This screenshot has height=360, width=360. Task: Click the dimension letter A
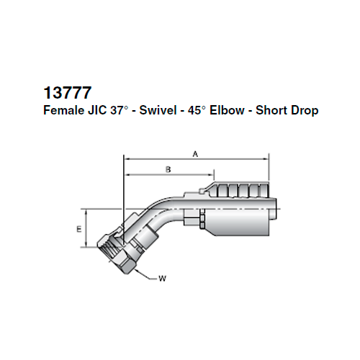(196, 153)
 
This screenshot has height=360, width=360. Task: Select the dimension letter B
(168, 170)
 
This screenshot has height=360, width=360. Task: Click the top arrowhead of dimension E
(87, 212)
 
